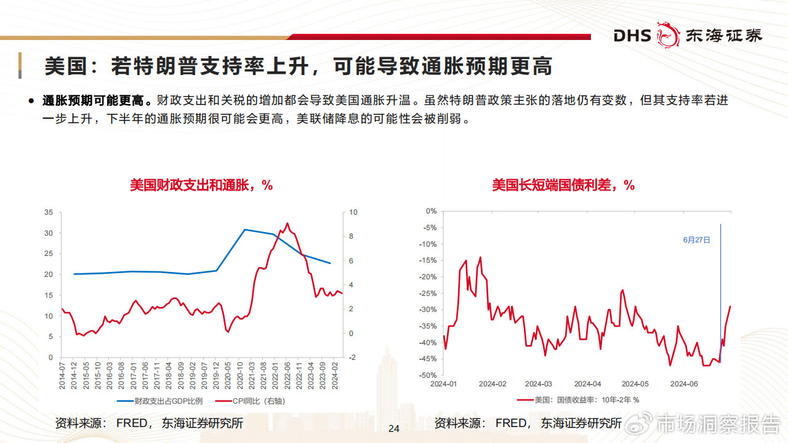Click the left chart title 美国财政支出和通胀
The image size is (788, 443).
point(201,185)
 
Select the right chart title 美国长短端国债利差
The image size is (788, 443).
point(563,185)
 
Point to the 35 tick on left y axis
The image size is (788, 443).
point(49,212)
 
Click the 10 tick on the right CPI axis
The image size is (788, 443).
point(353,212)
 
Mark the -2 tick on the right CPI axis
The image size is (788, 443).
point(353,357)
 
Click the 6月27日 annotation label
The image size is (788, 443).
point(696,240)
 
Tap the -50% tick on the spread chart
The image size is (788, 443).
point(428,375)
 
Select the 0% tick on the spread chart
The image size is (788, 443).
point(432,211)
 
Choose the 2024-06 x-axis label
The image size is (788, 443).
point(683,384)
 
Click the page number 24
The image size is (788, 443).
point(394,428)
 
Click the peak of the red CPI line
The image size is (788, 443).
point(287,223)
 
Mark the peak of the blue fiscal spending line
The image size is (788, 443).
point(244,229)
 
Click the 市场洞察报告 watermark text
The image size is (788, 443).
point(717,425)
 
